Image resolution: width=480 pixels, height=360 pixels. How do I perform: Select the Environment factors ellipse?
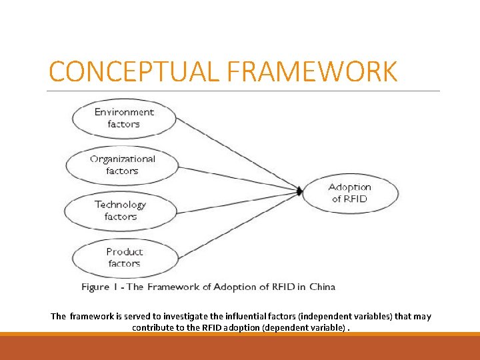pyautogui.click(x=123, y=118)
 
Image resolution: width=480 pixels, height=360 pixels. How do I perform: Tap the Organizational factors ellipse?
pyautogui.click(x=123, y=165)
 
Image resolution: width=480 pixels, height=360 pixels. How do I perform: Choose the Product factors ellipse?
pyautogui.click(x=124, y=257)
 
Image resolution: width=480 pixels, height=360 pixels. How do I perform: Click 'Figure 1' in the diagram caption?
pyautogui.click(x=95, y=287)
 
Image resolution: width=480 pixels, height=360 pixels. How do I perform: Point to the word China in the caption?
pyautogui.click(x=321, y=287)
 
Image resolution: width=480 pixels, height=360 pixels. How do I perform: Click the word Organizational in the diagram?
pyautogui.click(x=123, y=159)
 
